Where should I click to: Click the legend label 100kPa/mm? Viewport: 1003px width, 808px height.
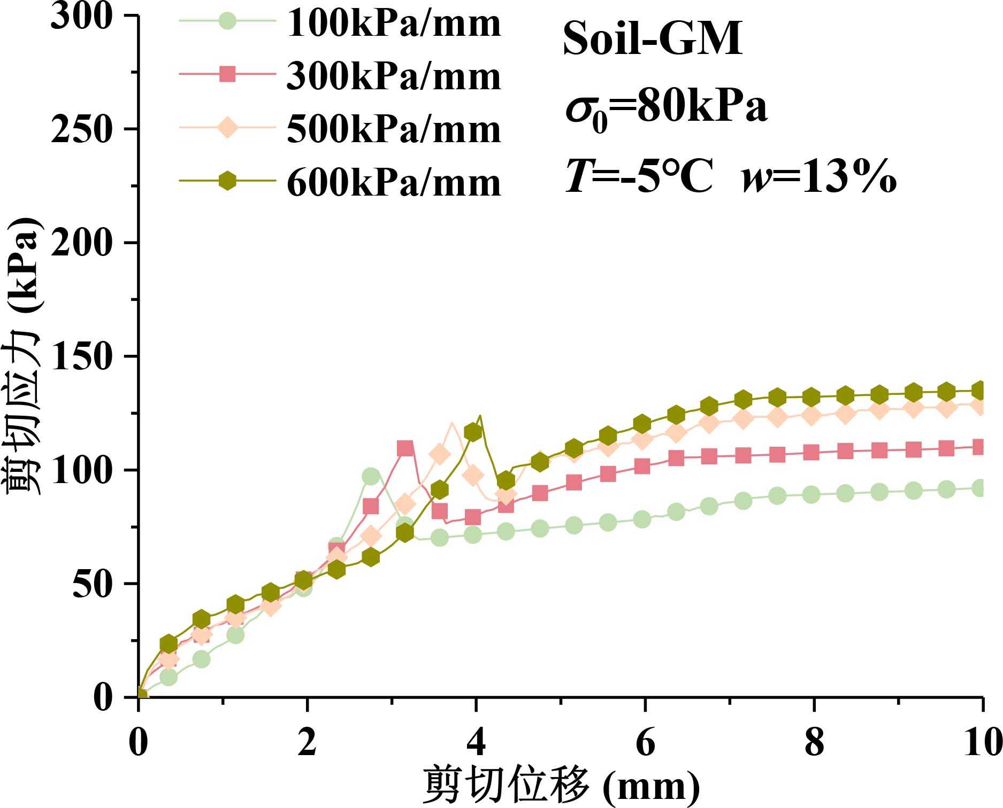(x=394, y=24)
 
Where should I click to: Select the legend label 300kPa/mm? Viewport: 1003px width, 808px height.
(x=394, y=76)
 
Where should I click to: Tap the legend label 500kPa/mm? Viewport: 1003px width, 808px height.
(x=394, y=129)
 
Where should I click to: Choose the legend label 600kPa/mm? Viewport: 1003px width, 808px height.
(x=394, y=183)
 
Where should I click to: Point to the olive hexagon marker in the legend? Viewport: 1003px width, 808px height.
(x=228, y=181)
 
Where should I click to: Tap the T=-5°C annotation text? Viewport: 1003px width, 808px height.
(x=639, y=176)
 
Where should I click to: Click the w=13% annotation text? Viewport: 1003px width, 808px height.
(x=818, y=176)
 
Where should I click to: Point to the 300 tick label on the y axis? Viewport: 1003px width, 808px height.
(x=82, y=16)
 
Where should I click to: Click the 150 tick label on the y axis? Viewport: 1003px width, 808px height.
(x=82, y=356)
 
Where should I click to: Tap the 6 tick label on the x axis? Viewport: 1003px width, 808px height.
(x=645, y=743)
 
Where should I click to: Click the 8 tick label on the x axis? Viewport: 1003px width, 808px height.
(x=814, y=743)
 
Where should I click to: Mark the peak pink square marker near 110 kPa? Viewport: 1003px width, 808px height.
(x=405, y=448)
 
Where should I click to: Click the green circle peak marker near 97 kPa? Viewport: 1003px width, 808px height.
(x=371, y=477)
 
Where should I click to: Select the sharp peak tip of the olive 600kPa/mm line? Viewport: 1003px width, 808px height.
(x=480, y=415)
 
